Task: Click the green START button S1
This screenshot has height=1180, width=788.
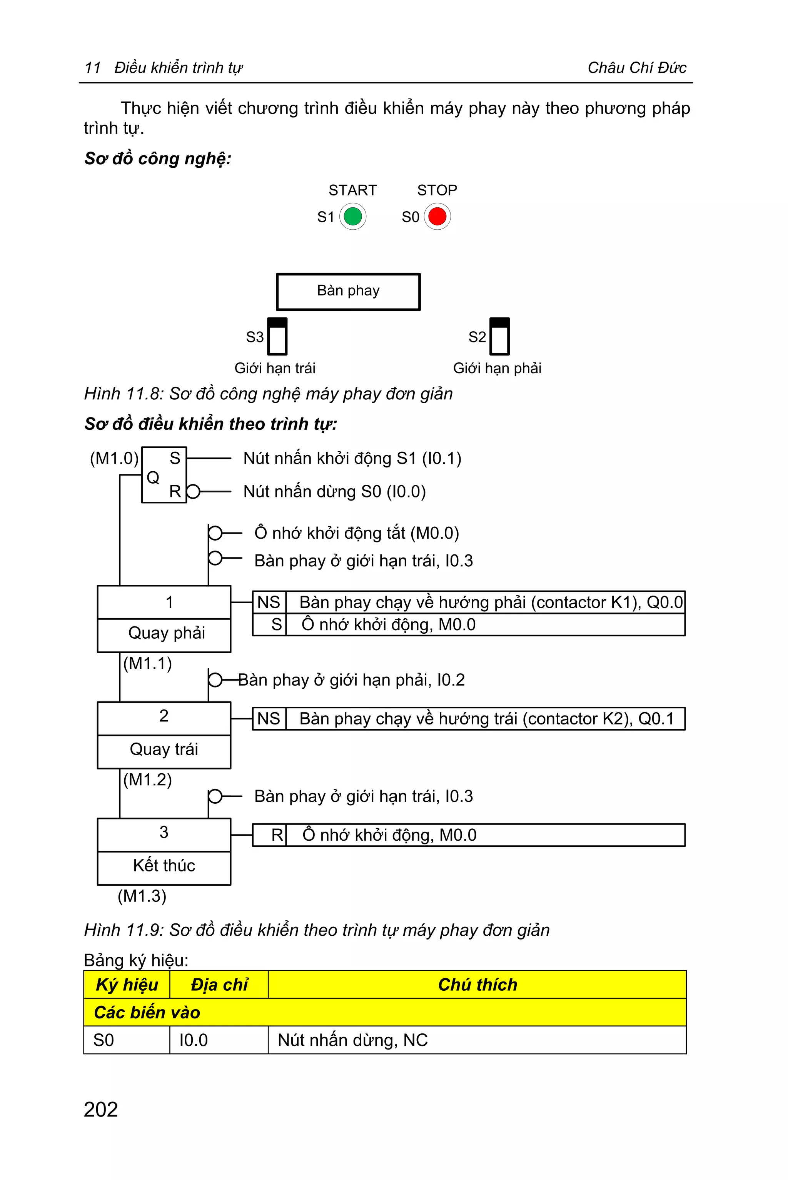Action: [353, 217]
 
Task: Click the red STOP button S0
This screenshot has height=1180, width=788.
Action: [437, 217]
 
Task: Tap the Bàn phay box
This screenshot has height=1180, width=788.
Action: [348, 292]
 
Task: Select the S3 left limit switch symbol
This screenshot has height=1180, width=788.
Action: [277, 336]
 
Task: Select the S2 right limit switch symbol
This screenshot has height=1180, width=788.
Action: [499, 336]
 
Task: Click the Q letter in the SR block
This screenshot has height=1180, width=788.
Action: [153, 477]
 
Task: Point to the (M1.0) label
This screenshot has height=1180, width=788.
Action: [114, 458]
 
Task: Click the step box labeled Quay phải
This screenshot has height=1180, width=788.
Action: [164, 633]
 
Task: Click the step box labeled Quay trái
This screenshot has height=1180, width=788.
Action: [164, 750]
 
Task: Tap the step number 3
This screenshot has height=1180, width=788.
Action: [164, 833]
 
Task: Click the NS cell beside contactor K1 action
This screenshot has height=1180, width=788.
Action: [269, 602]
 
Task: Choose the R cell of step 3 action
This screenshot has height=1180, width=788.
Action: [277, 835]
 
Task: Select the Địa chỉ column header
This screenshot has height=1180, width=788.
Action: [219, 985]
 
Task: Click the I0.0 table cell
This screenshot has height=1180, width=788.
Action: [194, 1040]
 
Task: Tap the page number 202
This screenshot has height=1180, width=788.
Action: [101, 1110]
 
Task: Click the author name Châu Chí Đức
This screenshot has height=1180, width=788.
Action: [637, 68]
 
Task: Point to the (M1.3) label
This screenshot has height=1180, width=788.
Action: [142, 896]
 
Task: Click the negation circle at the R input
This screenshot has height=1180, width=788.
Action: [194, 491]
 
